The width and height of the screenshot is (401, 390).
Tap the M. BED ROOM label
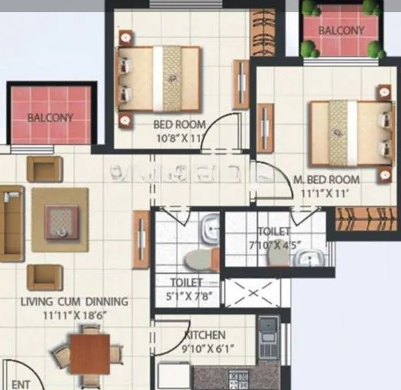pos(326,180)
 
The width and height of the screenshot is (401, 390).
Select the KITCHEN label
pos(205,335)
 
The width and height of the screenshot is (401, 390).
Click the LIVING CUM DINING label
pos(75,302)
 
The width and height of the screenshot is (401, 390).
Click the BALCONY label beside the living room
pos(50,118)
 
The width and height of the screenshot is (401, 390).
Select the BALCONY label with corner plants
pos(342,31)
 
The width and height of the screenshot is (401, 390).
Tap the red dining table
pos(89,354)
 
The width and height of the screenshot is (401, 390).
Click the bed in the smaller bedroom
pos(159,78)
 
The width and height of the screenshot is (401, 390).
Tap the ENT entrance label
pos(21,385)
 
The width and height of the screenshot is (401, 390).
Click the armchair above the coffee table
pos(45,168)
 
